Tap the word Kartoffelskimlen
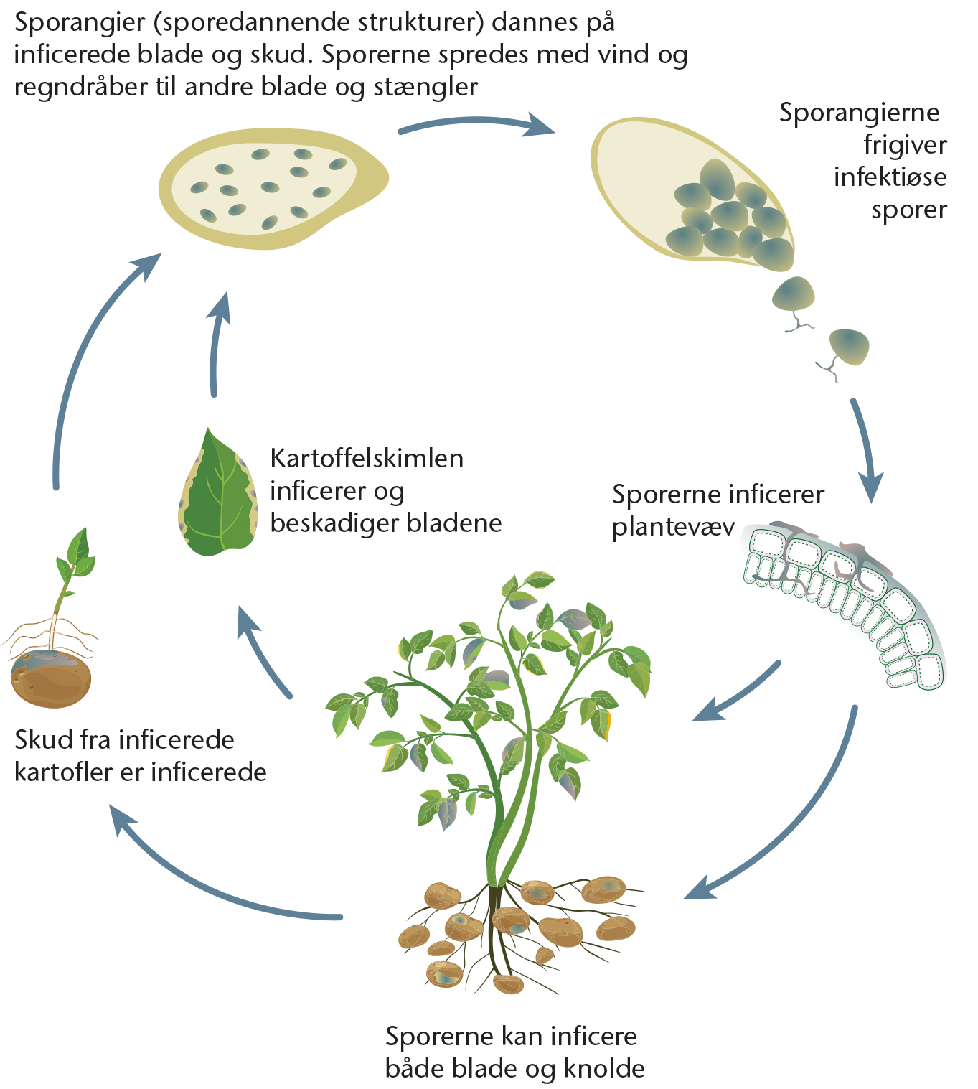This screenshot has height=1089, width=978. click(x=367, y=459)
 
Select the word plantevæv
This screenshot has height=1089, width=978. click(x=673, y=528)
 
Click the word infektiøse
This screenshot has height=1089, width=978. click(x=890, y=177)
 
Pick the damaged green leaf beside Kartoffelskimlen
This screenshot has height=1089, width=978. click(x=218, y=493)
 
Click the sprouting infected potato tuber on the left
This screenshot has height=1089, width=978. click(x=51, y=678)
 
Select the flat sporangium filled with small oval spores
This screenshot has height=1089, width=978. click(x=273, y=189)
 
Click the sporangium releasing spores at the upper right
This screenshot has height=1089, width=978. click(x=692, y=193)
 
